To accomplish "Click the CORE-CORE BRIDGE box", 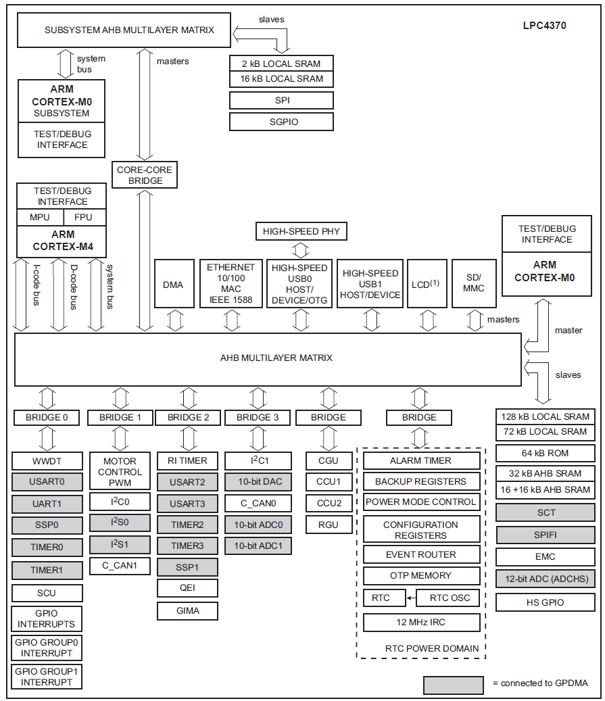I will pyautogui.click(x=145, y=175).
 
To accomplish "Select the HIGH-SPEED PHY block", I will pyautogui.click(x=301, y=231).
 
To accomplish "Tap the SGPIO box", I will pyautogui.click(x=281, y=122).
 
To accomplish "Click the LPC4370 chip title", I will pyautogui.click(x=544, y=26).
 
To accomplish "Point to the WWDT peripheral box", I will pyautogui.click(x=47, y=461).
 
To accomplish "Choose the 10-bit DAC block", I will pyautogui.click(x=258, y=482).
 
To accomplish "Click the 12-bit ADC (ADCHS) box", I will pyautogui.click(x=546, y=579).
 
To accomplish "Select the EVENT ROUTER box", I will pyautogui.click(x=421, y=554).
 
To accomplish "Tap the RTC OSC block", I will pyautogui.click(x=450, y=598).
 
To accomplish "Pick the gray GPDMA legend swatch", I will pyautogui.click(x=453, y=684).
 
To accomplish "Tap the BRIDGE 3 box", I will pyautogui.click(x=258, y=417).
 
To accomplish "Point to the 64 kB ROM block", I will pyautogui.click(x=546, y=453).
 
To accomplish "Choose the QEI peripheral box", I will pyautogui.click(x=188, y=587).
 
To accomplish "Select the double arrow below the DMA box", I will pyautogui.click(x=174, y=320).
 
